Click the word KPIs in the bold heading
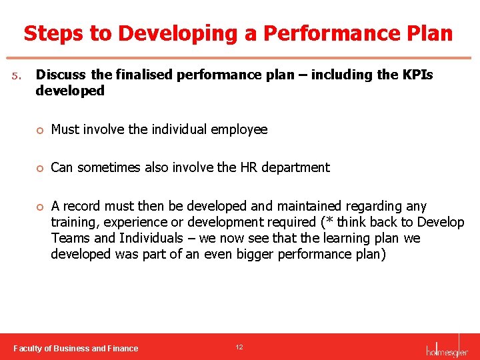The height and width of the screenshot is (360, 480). tap(417, 75)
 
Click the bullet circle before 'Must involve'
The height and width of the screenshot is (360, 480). tap(41, 130)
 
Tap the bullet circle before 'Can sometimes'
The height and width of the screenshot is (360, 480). tap(41, 168)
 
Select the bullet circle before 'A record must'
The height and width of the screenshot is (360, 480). tap(41, 207)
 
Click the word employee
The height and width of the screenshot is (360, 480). tap(239, 130)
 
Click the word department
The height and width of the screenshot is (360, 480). tap(297, 167)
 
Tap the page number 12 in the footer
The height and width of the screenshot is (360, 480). tap(239, 347)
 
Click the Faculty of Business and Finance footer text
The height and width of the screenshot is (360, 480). tap(76, 348)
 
